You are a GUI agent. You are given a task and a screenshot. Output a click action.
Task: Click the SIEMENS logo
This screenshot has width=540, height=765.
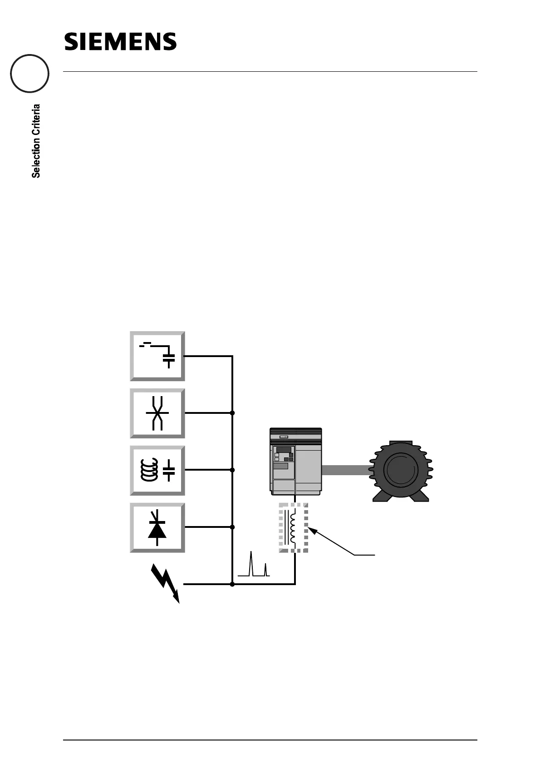[x=120, y=41]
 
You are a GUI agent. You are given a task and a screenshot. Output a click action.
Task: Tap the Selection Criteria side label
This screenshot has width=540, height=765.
[x=36, y=141]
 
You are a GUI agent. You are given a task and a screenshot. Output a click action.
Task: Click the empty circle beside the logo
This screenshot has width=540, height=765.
[x=30, y=74]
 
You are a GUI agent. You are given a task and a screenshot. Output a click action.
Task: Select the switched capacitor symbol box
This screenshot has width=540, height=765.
[x=157, y=356]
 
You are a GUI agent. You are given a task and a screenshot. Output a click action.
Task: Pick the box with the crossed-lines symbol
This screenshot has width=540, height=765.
[x=157, y=413]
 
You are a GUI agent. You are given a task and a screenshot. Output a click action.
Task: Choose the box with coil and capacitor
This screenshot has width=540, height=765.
[x=157, y=470]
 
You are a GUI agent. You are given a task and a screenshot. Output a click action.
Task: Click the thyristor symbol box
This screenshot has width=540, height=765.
[x=157, y=527]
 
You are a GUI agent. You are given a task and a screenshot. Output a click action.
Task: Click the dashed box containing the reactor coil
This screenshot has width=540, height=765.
[x=294, y=528]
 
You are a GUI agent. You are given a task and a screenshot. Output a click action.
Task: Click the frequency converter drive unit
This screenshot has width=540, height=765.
[x=296, y=462]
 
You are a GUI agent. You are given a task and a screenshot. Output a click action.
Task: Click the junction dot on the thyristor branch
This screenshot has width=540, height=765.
[x=232, y=527]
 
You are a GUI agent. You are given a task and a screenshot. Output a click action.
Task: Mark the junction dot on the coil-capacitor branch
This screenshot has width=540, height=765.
[x=232, y=470]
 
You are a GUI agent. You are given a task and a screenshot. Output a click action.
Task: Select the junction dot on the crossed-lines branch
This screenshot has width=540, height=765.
[x=232, y=413]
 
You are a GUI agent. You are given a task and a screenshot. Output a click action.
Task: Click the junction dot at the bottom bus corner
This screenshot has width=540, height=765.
[x=232, y=585]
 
